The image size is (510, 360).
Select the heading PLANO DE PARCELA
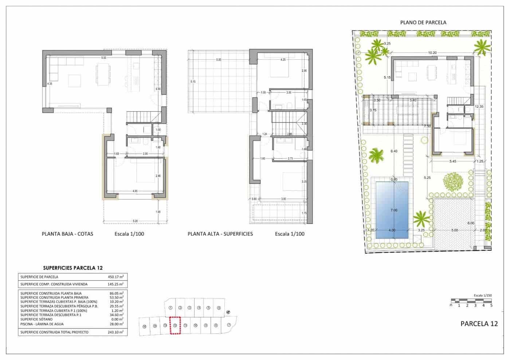click(x=423, y=22)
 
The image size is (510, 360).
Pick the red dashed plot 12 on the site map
click(x=176, y=325)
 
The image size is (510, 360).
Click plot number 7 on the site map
click(x=229, y=325)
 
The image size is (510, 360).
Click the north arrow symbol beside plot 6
click(x=228, y=312)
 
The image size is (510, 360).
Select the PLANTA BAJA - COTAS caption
click(x=67, y=234)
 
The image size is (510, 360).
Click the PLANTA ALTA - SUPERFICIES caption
click(x=220, y=234)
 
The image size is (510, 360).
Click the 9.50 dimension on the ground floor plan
click(x=104, y=58)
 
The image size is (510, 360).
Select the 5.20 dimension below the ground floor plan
click(x=135, y=221)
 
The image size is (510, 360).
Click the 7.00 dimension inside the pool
click(x=393, y=210)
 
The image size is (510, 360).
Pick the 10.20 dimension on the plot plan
click(x=432, y=53)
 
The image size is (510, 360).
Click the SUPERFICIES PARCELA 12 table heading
click(x=72, y=268)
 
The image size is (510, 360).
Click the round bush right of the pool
click(x=454, y=181)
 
